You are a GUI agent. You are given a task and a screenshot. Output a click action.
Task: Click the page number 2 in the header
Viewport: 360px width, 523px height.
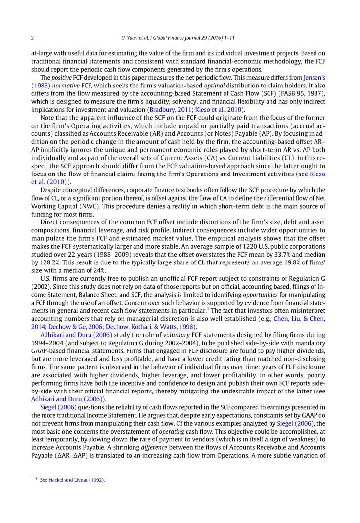(x=32, y=38)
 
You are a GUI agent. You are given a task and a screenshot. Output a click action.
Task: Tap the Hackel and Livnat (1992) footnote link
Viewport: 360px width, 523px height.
(x=77, y=479)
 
